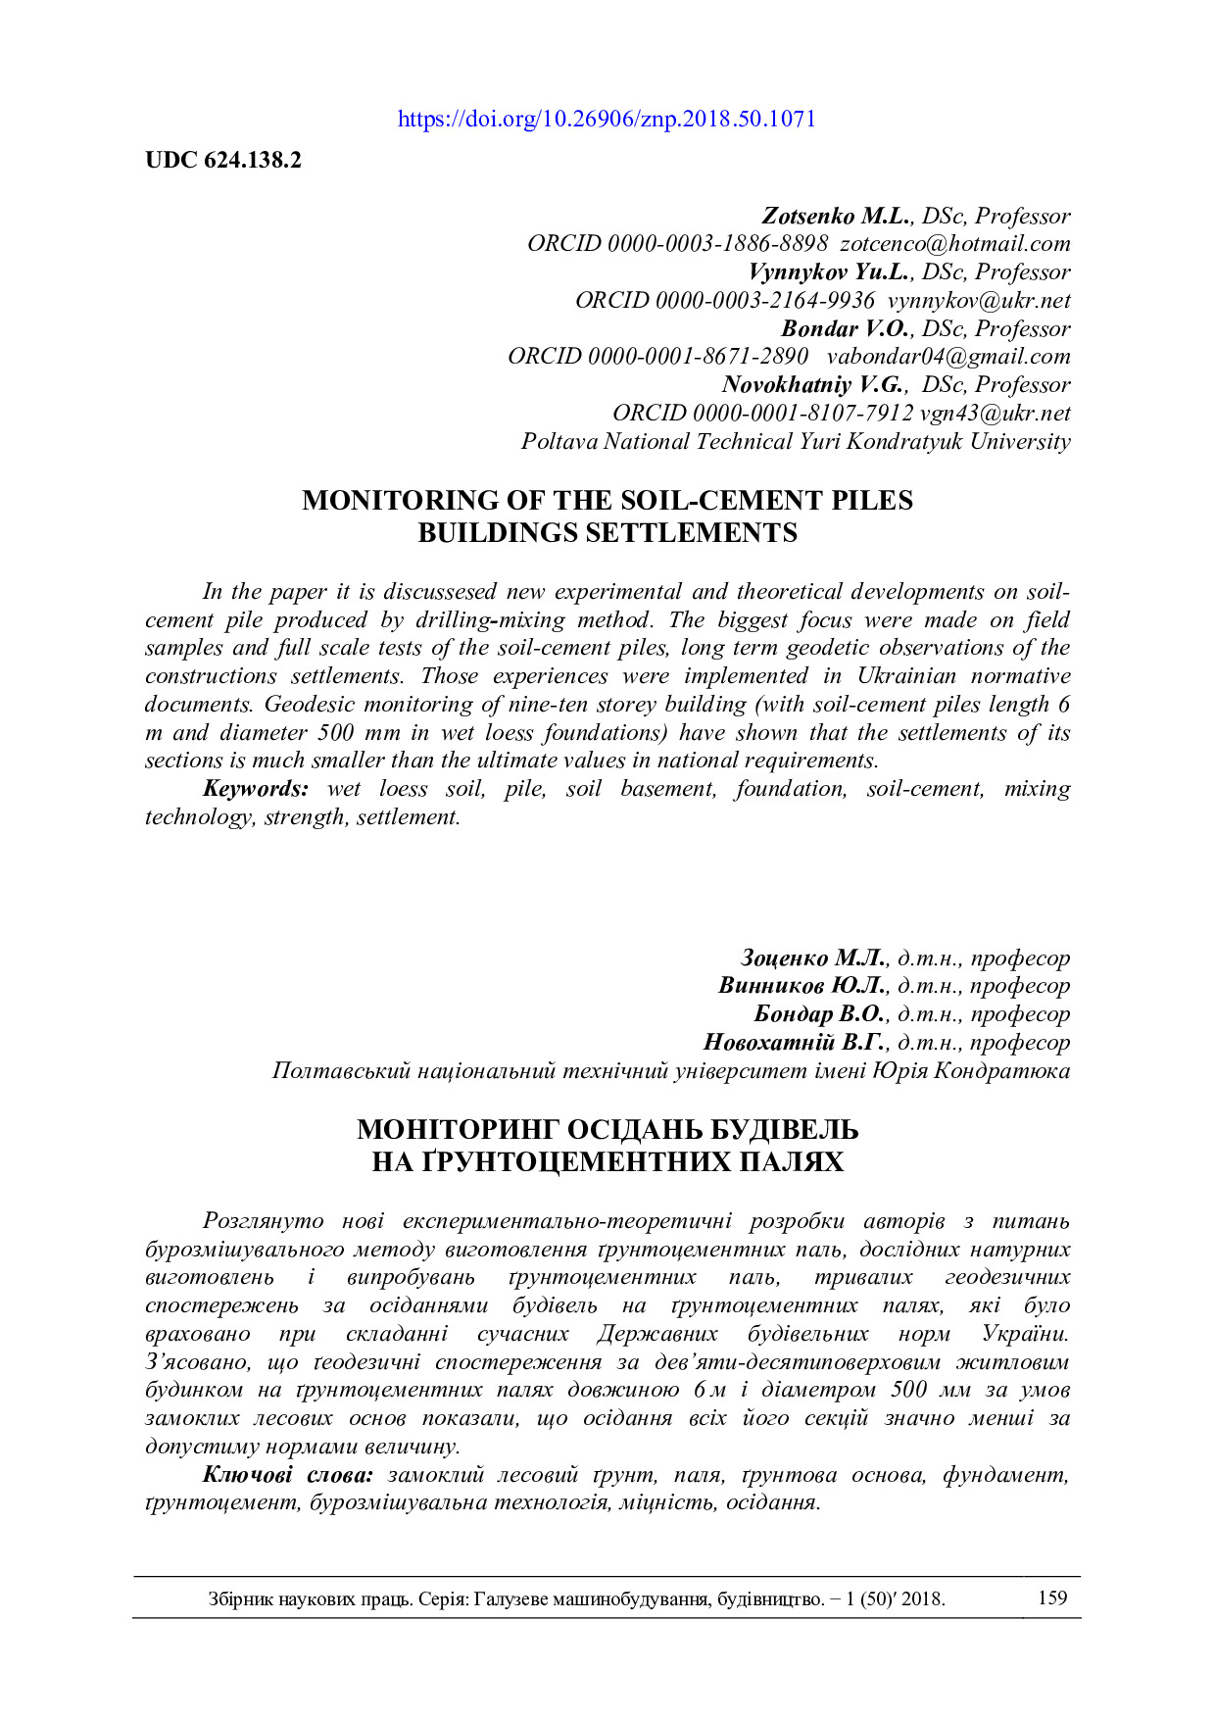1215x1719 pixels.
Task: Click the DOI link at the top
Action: [607, 120]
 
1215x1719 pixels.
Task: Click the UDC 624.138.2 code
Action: [223, 161]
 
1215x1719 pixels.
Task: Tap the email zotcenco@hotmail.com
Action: [955, 244]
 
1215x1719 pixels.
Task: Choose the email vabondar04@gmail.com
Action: [948, 357]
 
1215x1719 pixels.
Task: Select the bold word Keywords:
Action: [256, 789]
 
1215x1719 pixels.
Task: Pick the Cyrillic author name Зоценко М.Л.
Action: [814, 958]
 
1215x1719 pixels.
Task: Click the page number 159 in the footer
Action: [1052, 1598]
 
